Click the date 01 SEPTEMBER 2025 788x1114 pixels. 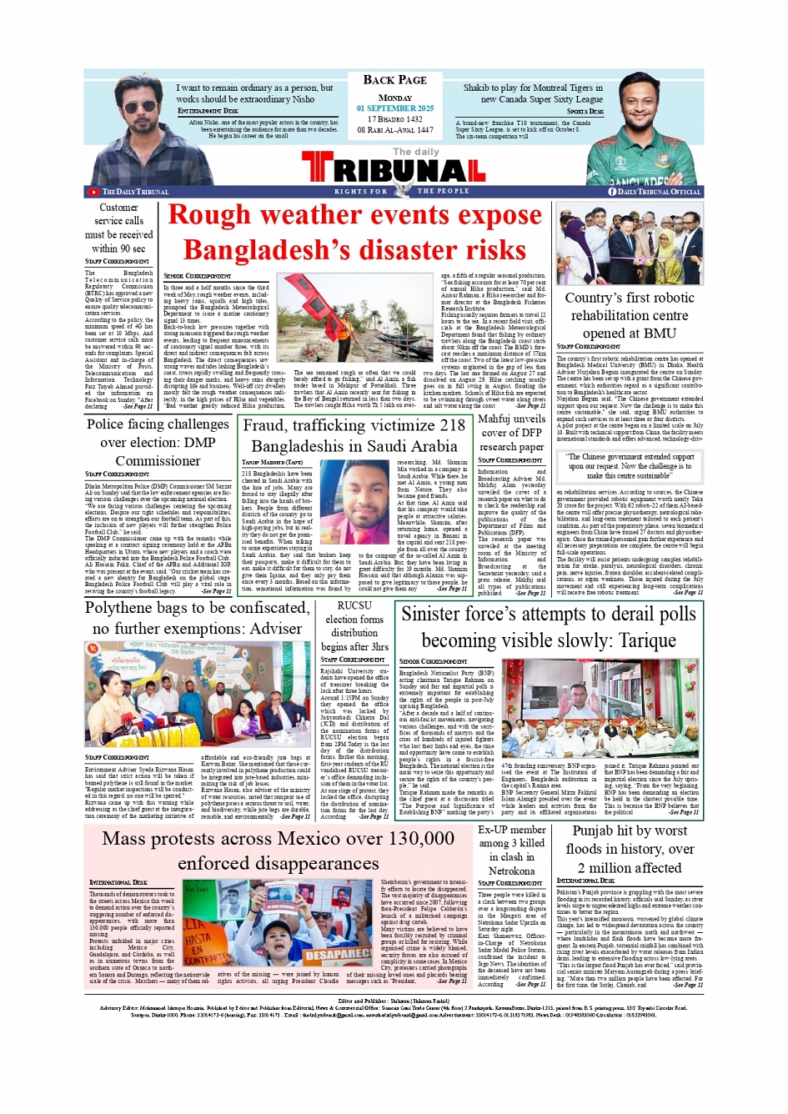[x=395, y=108]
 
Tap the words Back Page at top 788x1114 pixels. [x=394, y=80]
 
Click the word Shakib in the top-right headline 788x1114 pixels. [x=476, y=88]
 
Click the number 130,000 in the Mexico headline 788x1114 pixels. [x=409, y=839]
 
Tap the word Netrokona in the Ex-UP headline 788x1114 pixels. [x=511, y=871]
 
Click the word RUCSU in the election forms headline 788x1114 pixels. [x=354, y=605]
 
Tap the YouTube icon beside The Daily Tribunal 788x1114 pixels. [x=93, y=192]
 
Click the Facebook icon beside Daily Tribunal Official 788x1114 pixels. [x=612, y=192]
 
